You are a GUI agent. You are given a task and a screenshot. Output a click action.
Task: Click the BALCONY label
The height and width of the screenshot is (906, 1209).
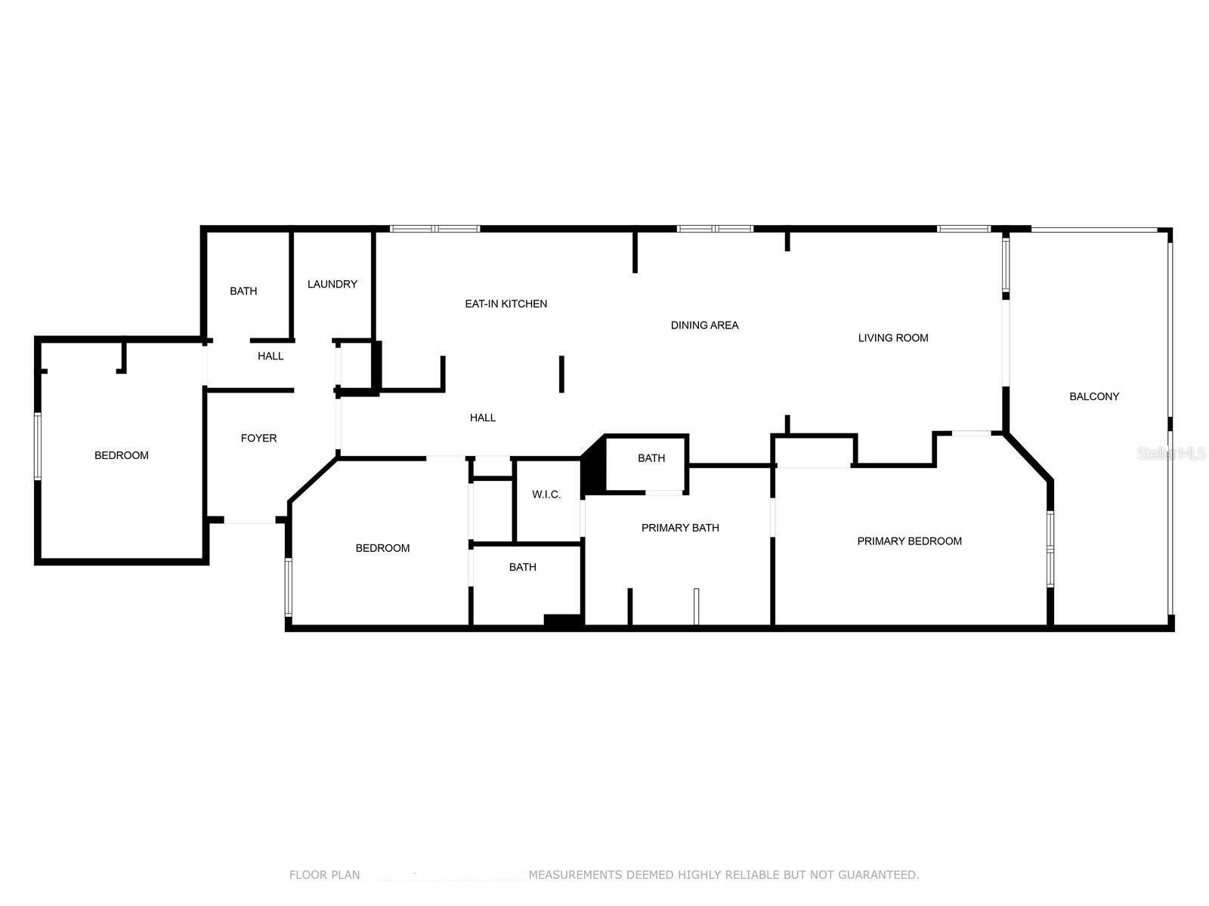click(x=1094, y=396)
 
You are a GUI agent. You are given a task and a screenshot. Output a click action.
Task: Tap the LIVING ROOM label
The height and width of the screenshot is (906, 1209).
click(x=893, y=338)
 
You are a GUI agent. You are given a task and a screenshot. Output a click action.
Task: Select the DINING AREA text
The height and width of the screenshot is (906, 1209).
click(x=704, y=325)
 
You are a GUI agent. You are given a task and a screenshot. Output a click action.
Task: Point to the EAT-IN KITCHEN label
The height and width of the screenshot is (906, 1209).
click(x=506, y=304)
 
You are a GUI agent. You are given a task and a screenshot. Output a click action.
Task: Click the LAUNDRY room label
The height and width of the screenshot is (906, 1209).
click(x=332, y=284)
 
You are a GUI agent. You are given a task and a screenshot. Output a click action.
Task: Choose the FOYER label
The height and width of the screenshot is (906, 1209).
click(x=258, y=438)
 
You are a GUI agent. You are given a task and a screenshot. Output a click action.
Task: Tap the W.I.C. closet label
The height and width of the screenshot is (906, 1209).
click(x=546, y=495)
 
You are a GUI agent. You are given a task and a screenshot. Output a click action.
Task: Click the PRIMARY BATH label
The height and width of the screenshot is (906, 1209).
click(x=680, y=528)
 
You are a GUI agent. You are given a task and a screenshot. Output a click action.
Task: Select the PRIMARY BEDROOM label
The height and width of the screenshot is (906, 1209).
click(x=909, y=541)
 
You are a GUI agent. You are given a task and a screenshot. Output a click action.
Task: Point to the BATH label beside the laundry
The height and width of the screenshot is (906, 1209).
click(x=243, y=291)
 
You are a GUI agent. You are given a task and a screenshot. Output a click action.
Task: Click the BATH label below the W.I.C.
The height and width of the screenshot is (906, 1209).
click(x=522, y=567)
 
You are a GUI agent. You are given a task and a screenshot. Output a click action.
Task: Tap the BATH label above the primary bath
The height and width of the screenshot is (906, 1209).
click(x=651, y=458)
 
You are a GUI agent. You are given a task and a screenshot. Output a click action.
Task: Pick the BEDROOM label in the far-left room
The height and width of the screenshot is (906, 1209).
click(x=121, y=455)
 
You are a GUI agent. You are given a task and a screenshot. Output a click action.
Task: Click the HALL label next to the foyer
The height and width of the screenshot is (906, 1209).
click(x=271, y=356)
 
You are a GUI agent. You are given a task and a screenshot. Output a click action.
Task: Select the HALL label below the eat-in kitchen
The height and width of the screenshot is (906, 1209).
click(x=483, y=418)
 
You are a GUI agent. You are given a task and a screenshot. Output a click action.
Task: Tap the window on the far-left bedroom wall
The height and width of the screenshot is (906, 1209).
click(x=38, y=446)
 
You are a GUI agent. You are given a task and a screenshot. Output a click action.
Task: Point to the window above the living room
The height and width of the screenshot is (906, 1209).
click(x=963, y=229)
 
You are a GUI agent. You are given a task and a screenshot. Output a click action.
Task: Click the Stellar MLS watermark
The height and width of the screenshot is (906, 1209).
click(x=1171, y=453)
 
